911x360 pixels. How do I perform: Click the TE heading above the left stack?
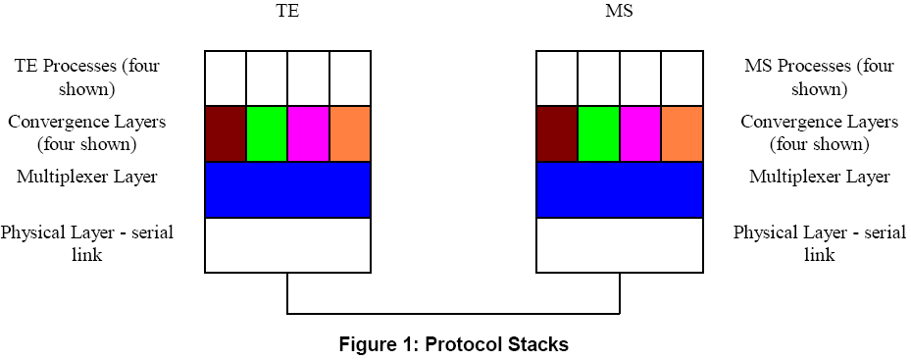(287, 15)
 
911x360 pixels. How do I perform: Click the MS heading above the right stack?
(620, 15)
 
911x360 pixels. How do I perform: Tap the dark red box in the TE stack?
(225, 133)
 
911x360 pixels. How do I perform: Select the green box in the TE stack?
(266, 133)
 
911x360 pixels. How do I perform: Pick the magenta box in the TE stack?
(308, 133)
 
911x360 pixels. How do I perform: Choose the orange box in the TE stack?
(350, 133)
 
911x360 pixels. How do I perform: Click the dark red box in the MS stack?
(557, 133)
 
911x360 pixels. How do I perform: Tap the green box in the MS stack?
(598, 133)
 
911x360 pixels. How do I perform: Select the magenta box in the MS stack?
(640, 133)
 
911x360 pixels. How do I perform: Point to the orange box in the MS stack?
(683, 133)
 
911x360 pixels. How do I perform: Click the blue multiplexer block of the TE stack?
(287, 189)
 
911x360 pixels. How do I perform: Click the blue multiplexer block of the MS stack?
(620, 189)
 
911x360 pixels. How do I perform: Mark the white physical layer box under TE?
(287, 245)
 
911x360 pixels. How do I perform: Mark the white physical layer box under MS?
(620, 245)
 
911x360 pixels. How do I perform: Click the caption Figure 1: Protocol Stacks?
(454, 344)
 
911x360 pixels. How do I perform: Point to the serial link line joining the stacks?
(454, 314)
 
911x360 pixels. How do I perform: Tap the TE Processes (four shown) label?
(87, 77)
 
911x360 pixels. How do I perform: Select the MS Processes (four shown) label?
(820, 77)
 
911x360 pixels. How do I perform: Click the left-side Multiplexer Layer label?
(87, 178)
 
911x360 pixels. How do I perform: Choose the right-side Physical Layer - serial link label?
(820, 243)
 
